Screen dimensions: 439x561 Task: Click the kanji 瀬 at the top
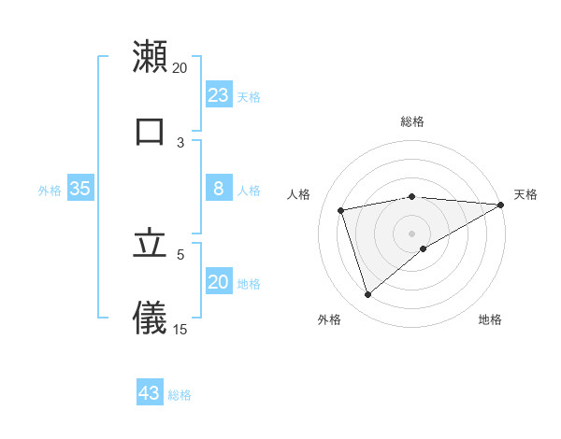click(x=150, y=56)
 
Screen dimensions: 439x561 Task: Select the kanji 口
click(x=150, y=131)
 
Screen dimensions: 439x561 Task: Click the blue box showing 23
click(x=219, y=95)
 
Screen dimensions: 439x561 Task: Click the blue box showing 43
click(x=150, y=393)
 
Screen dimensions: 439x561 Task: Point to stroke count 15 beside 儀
click(x=180, y=329)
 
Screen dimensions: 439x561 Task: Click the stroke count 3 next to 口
click(x=180, y=142)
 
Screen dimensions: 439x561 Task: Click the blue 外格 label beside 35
click(x=50, y=191)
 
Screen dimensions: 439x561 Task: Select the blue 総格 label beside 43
click(x=180, y=395)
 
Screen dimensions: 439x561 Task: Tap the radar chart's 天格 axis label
click(x=525, y=194)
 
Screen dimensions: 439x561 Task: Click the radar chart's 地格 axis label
click(x=490, y=320)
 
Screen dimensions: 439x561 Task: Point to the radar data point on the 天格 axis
click(x=500, y=205)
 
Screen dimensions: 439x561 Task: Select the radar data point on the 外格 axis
click(x=367, y=295)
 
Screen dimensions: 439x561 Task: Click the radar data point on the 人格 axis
click(x=341, y=210)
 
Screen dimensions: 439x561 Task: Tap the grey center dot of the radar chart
click(x=411, y=234)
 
